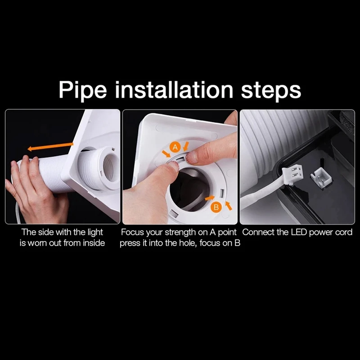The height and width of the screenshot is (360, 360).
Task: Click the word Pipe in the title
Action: pyautogui.click(x=85, y=90)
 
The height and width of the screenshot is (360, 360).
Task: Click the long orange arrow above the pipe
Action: pyautogui.click(x=50, y=147)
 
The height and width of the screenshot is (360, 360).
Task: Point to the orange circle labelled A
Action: pyautogui.click(x=175, y=146)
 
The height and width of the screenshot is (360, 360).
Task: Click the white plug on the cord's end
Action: pyautogui.click(x=290, y=175)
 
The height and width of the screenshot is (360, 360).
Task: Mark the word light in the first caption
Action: pyautogui.click(x=93, y=233)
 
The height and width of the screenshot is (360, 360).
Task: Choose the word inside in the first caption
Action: pyautogui.click(x=93, y=243)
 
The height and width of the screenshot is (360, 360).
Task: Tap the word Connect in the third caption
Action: pyautogui.click(x=257, y=233)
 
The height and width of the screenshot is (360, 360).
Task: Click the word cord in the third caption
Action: pyautogui.click(x=344, y=233)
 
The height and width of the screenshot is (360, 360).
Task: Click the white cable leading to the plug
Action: pyautogui.click(x=261, y=198)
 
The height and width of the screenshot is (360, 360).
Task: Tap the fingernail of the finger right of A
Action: pyautogui.click(x=192, y=156)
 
